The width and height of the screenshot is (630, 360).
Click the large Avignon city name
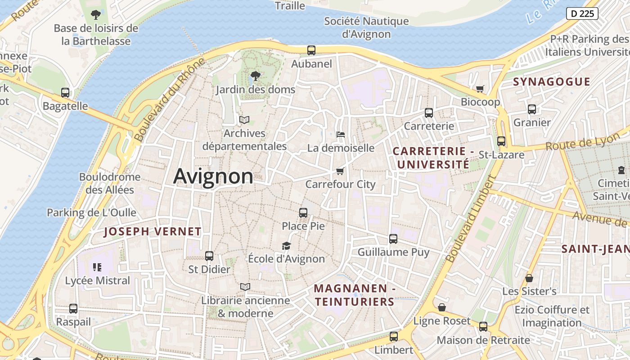point(213,176)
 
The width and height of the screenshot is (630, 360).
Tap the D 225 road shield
point(582,13)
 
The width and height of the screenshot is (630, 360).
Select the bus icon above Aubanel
point(311,50)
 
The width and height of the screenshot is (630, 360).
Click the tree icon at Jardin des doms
point(255,76)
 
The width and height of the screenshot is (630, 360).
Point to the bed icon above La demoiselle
point(341,134)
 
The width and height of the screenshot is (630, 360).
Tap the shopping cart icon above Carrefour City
point(340,171)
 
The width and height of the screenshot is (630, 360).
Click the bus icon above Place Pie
point(303,212)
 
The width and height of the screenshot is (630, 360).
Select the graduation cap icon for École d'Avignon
point(286,245)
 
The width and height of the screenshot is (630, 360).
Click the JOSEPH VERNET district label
point(153,232)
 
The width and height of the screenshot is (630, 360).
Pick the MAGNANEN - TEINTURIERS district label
point(354,295)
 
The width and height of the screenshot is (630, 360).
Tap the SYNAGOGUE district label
point(551,81)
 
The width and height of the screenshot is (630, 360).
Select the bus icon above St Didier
point(209,256)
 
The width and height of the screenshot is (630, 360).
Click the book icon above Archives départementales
point(244,120)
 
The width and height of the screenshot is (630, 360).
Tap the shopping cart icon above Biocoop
point(480,89)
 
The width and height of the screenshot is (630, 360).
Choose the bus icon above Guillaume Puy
point(393,238)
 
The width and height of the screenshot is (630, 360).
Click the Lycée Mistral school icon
point(97,267)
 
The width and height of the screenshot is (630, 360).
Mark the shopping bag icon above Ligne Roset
point(442,307)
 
